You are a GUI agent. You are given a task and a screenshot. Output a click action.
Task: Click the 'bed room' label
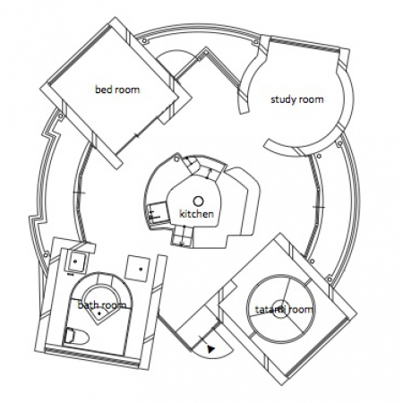117,90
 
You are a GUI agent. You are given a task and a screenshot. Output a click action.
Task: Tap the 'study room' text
296,99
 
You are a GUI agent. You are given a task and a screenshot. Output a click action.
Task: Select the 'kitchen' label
196,214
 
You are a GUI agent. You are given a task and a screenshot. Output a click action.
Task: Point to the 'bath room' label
102,305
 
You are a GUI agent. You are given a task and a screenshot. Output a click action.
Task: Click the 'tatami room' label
284,310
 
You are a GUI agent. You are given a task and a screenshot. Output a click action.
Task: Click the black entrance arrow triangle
211,349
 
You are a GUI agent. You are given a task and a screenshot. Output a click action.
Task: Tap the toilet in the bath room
77,336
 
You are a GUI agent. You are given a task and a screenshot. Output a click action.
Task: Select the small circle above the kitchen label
198,201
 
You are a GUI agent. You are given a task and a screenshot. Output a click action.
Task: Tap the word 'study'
282,99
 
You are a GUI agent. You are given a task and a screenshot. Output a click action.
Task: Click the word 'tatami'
270,310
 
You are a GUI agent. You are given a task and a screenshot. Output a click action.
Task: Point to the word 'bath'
88,305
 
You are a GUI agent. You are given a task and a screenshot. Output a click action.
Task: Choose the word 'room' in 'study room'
311,100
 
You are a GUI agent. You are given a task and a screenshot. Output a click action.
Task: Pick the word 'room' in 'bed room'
127,90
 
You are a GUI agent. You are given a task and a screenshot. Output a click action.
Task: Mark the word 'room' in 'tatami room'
301,310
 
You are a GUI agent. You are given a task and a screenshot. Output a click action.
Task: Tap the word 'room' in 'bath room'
114,305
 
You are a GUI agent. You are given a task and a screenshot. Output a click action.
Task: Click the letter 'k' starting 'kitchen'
182,214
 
